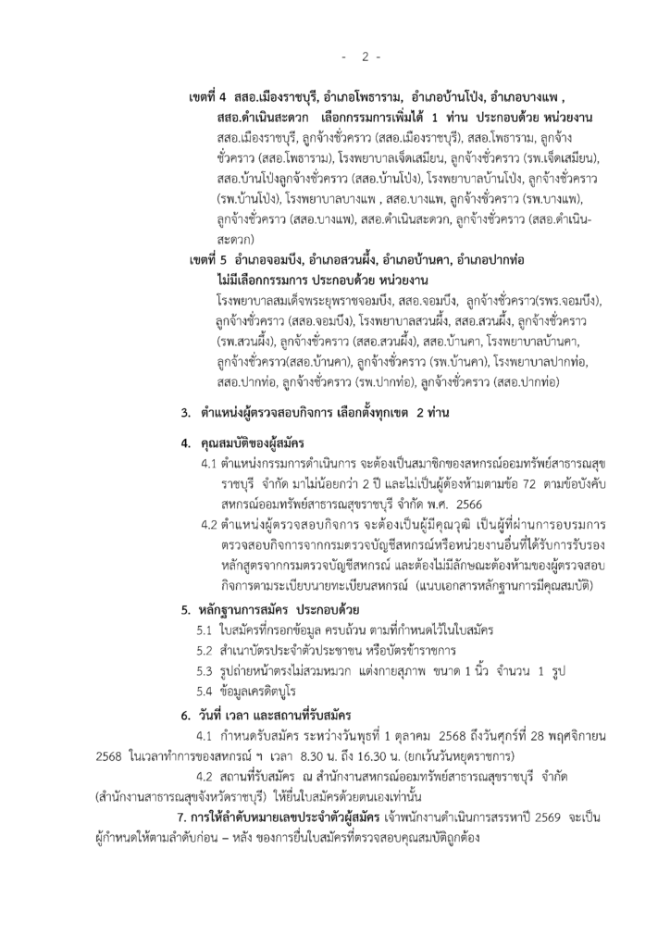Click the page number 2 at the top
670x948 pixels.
click(x=365, y=56)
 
